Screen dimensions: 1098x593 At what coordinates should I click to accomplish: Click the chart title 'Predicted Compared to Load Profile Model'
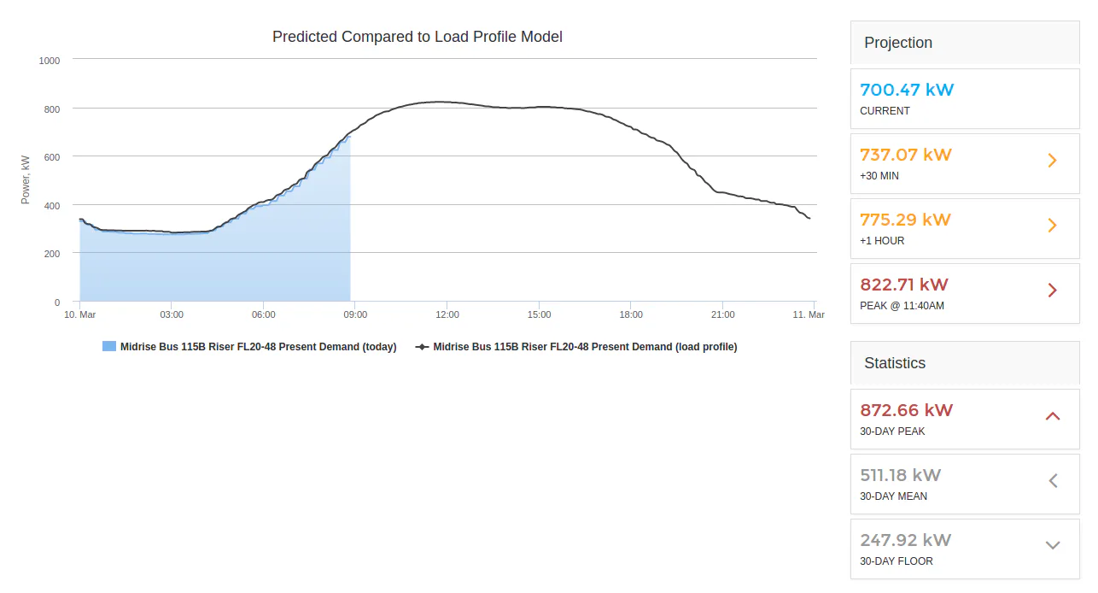tap(418, 37)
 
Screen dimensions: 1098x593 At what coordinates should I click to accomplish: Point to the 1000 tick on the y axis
tap(50, 61)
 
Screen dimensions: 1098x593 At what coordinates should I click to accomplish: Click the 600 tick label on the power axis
tap(52, 157)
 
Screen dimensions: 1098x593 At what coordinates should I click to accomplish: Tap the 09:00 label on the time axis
tap(355, 314)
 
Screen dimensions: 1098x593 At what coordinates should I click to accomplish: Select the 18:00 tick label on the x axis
tap(631, 314)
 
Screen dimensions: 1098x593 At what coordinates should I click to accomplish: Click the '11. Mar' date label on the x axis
tap(809, 314)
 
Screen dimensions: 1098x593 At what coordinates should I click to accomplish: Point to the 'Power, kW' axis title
tap(26, 179)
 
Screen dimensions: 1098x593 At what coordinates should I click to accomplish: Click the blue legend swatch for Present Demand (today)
tap(109, 346)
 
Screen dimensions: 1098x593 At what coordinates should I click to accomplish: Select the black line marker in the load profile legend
tap(422, 347)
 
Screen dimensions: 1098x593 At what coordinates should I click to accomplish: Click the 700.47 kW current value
tap(907, 90)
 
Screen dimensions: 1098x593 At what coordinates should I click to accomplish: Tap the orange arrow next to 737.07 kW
tap(1052, 161)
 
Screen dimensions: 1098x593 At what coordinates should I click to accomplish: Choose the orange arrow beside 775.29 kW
tap(1052, 225)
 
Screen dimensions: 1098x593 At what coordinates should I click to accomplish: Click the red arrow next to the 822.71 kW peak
tap(1052, 290)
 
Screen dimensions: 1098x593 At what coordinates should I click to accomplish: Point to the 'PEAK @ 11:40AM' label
tap(902, 306)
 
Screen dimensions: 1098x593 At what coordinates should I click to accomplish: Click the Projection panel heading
tap(898, 43)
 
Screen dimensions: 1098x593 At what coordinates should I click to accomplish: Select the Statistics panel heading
tap(895, 363)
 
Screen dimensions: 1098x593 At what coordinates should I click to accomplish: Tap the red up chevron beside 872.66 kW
tap(1053, 416)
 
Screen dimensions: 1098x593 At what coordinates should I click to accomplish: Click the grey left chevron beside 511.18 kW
tap(1053, 481)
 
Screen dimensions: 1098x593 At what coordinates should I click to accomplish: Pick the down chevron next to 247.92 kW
tap(1053, 545)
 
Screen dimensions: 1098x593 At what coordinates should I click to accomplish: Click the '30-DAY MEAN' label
tap(893, 496)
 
